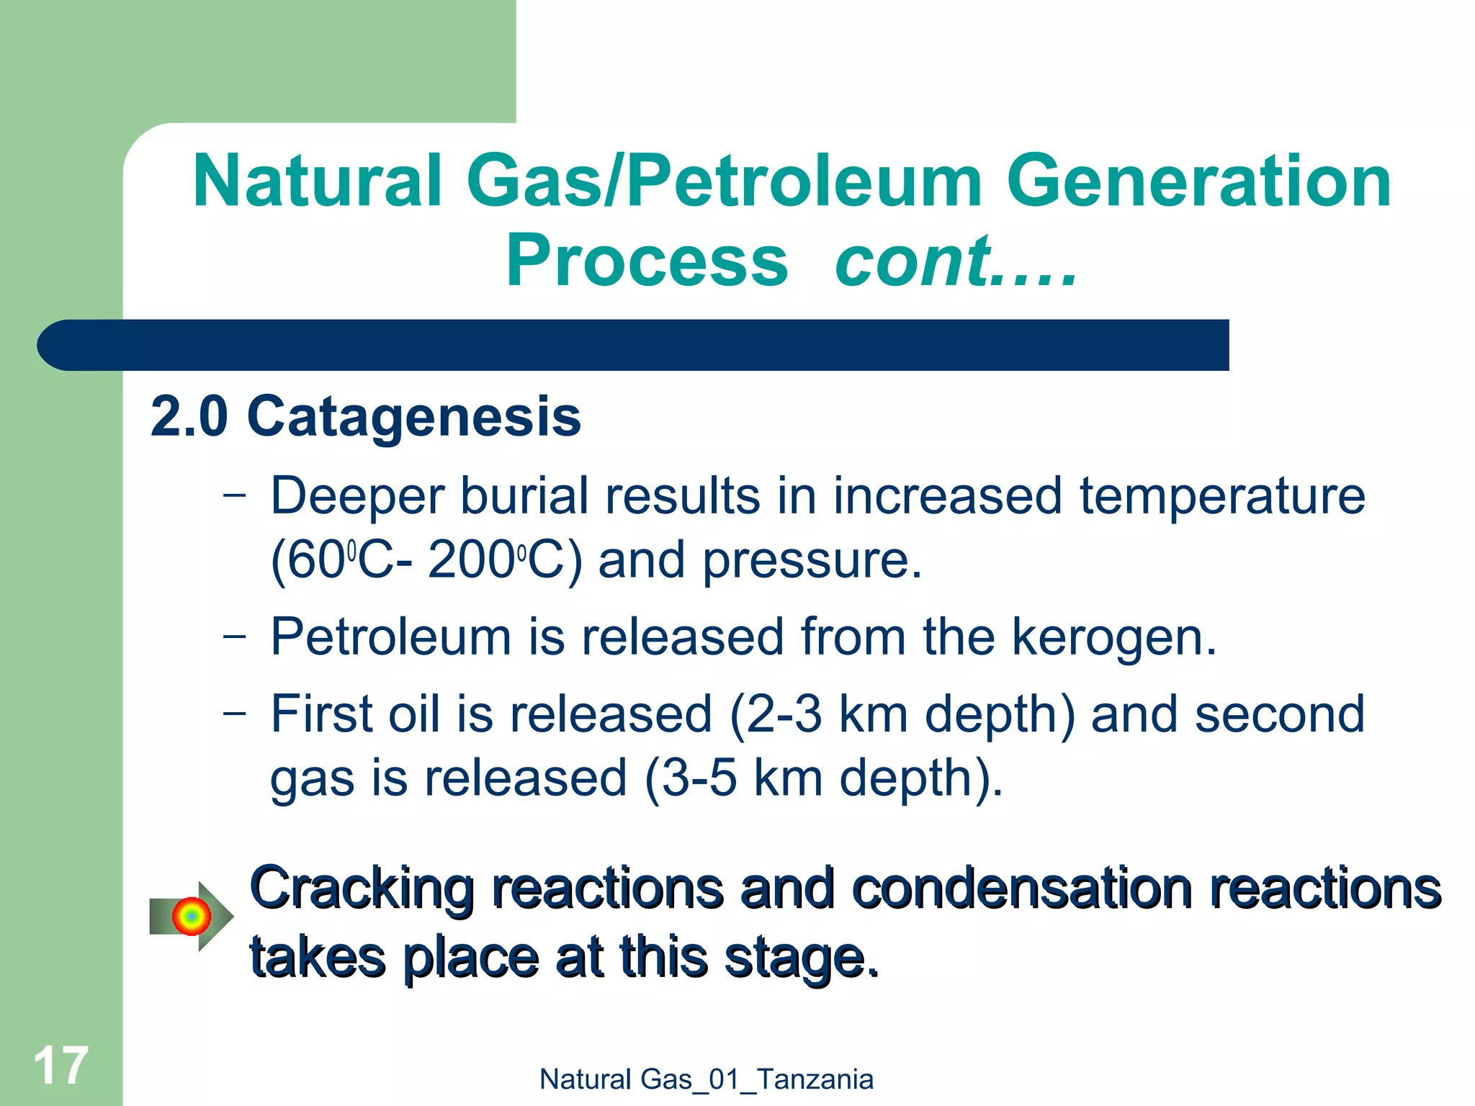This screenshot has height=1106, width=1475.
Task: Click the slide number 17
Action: (60, 1066)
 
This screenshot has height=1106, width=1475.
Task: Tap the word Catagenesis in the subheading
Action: (413, 418)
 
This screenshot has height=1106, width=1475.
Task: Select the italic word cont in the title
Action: (912, 261)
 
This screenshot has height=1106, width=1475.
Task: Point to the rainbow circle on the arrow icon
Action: (191, 917)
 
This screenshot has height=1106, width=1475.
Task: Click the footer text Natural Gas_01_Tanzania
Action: (706, 1079)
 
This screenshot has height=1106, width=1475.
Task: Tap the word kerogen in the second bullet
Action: (1113, 638)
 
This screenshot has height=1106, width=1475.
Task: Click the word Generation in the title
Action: (1198, 181)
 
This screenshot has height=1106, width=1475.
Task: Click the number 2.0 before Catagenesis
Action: (189, 418)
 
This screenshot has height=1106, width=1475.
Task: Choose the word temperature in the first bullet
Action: (1221, 497)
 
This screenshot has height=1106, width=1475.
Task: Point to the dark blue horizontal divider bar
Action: (634, 345)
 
